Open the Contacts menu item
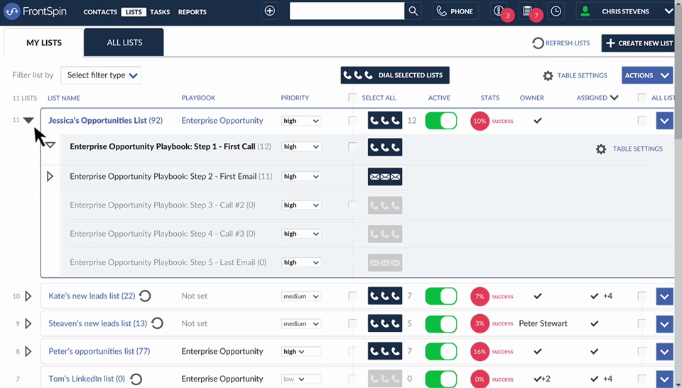(99, 12)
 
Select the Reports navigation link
(192, 12)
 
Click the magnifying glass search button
(413, 11)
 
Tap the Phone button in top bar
(455, 11)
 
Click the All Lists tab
(124, 43)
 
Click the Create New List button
(638, 43)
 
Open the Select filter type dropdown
(101, 75)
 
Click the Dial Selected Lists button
(395, 75)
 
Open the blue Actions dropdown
(646, 75)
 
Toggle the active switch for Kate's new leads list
(440, 296)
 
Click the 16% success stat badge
(480, 351)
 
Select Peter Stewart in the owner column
(543, 324)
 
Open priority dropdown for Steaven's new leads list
(301, 324)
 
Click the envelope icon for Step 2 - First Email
(384, 176)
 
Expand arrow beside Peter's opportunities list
(28, 351)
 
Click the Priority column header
(295, 98)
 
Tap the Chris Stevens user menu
(624, 11)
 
